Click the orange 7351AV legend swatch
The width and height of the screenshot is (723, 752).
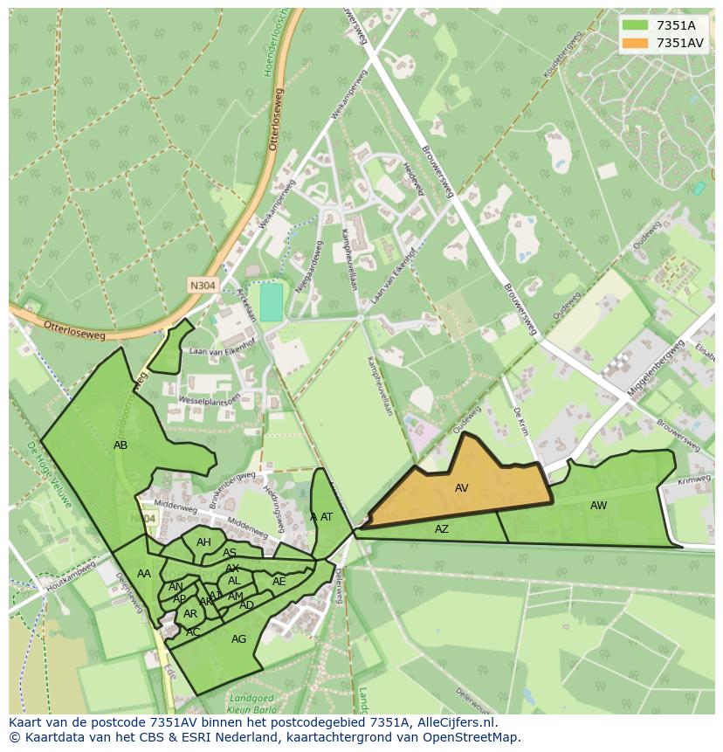coord(636,43)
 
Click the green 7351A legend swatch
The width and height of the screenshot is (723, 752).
coord(636,25)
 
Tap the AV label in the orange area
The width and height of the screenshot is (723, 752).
coord(462,488)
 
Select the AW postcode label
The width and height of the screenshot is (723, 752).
coord(598,506)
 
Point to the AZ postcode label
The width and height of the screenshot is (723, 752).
coord(442,529)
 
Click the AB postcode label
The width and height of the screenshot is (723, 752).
coord(120,445)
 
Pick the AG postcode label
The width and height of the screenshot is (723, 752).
coord(238,639)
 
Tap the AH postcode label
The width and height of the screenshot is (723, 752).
coord(203,542)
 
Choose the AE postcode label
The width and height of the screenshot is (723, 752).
coord(279,582)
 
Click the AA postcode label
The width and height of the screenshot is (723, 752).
coord(144,574)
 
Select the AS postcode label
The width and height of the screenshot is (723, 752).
coord(230,553)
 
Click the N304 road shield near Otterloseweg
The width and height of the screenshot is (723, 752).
coord(203,285)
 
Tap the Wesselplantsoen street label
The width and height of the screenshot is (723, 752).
coord(209,398)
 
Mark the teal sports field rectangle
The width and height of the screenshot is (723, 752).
coord(272,302)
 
